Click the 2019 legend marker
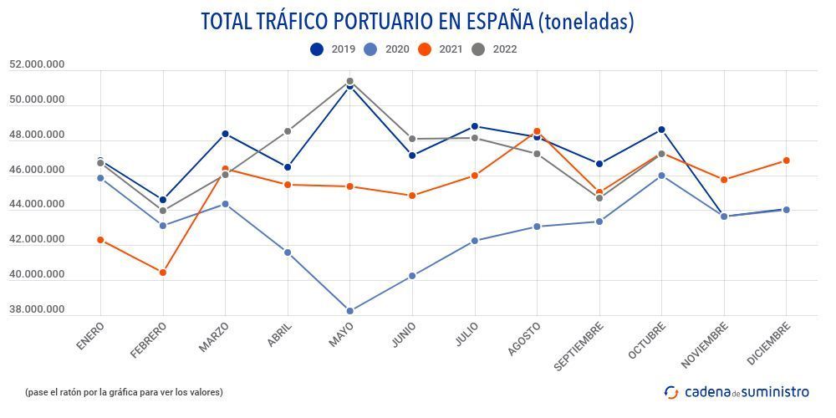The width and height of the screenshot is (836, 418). click(x=317, y=49)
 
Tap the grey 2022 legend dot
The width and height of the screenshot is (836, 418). click(x=479, y=49)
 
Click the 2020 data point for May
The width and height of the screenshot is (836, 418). click(x=350, y=311)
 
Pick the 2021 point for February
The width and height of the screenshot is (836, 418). click(x=163, y=273)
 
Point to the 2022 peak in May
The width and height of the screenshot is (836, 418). click(x=350, y=81)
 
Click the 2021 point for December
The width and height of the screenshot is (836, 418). click(x=787, y=161)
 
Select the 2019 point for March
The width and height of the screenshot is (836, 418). click(x=225, y=134)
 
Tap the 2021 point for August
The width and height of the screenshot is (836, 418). click(x=538, y=131)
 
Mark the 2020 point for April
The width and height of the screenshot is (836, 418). click(x=288, y=252)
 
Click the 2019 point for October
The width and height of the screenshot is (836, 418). click(x=662, y=130)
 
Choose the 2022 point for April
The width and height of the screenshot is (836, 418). click(x=288, y=131)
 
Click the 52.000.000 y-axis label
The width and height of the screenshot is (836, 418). click(x=37, y=64)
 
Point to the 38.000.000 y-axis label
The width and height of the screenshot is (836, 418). click(x=37, y=309)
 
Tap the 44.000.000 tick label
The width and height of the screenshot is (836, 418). click(x=37, y=204)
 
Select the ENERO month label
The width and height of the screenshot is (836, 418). click(x=89, y=337)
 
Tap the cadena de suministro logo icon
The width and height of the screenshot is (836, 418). click(x=671, y=391)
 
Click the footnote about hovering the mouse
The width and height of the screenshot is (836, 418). click(x=124, y=392)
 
